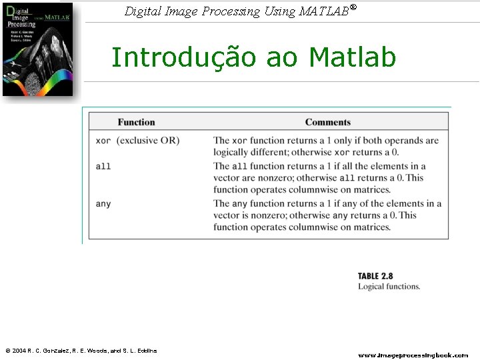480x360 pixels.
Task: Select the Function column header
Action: (136, 122)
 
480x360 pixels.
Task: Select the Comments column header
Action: (327, 122)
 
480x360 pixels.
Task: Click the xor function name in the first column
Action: (103, 141)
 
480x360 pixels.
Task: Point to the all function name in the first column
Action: (103, 166)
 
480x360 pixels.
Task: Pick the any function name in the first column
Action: (103, 203)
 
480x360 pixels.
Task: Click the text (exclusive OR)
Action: (148, 141)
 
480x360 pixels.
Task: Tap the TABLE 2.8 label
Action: (375, 276)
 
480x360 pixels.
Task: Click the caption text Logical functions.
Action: (389, 287)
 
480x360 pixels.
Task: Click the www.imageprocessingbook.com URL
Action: (413, 355)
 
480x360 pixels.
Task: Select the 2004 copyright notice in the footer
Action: (81, 351)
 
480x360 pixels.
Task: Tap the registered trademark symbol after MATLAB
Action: (353, 7)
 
